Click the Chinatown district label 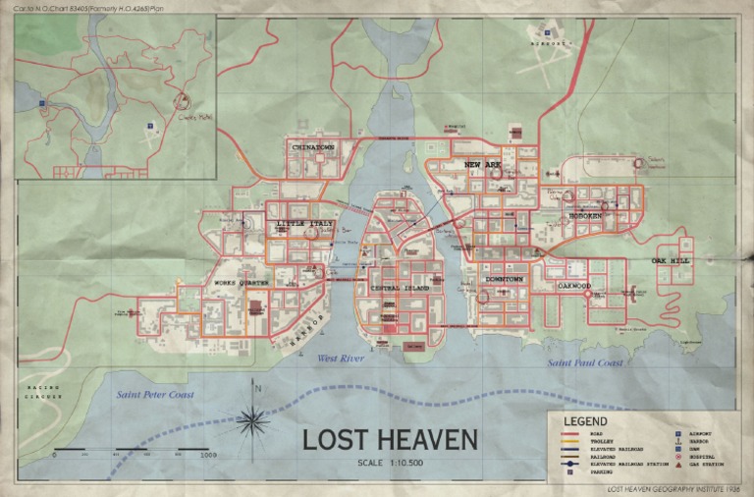[x=314, y=147]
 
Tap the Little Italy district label [x=305, y=225]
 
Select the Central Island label [x=400, y=287]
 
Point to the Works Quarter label [x=242, y=283]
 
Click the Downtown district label [x=505, y=280]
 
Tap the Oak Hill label [x=671, y=261]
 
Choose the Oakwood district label [x=574, y=286]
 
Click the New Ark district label [x=482, y=165]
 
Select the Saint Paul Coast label [x=586, y=363]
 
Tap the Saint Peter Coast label [x=155, y=395]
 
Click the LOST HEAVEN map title [x=376, y=438]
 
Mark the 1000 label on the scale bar [x=208, y=456]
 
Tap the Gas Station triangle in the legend [x=677, y=464]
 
